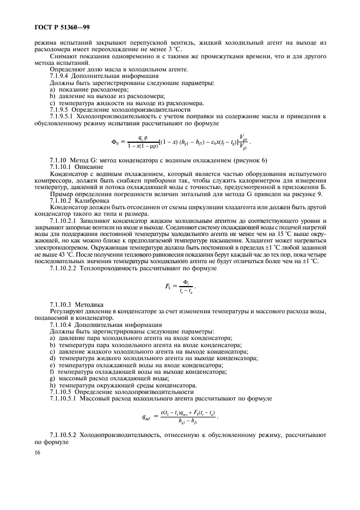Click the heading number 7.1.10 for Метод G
(x=58, y=160)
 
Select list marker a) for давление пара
(x=52, y=338)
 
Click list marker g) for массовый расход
(x=52, y=379)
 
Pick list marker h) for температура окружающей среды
(x=52, y=385)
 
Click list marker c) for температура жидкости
(x=52, y=102)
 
